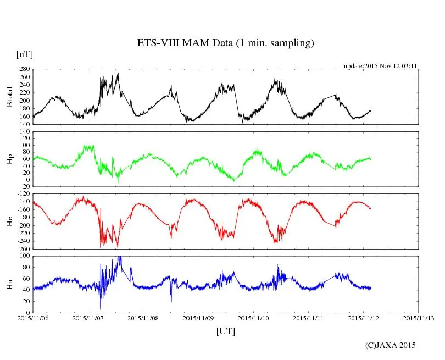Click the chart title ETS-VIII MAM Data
(225, 43)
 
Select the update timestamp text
(381, 66)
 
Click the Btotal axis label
(9, 97)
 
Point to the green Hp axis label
(9, 159)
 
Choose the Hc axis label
(9, 221)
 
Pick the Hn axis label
(9, 284)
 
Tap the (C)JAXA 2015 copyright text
(391, 345)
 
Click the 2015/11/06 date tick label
(33, 318)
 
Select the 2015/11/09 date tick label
(198, 318)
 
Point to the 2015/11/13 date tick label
(419, 318)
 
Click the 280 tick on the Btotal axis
(24, 70)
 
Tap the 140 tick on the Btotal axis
(24, 125)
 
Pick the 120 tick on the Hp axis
(24, 132)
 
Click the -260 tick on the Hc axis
(23, 249)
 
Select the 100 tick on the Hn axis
(24, 256)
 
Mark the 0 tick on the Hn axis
(27, 313)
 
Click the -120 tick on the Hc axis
(23, 194)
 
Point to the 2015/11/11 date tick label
(309, 318)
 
